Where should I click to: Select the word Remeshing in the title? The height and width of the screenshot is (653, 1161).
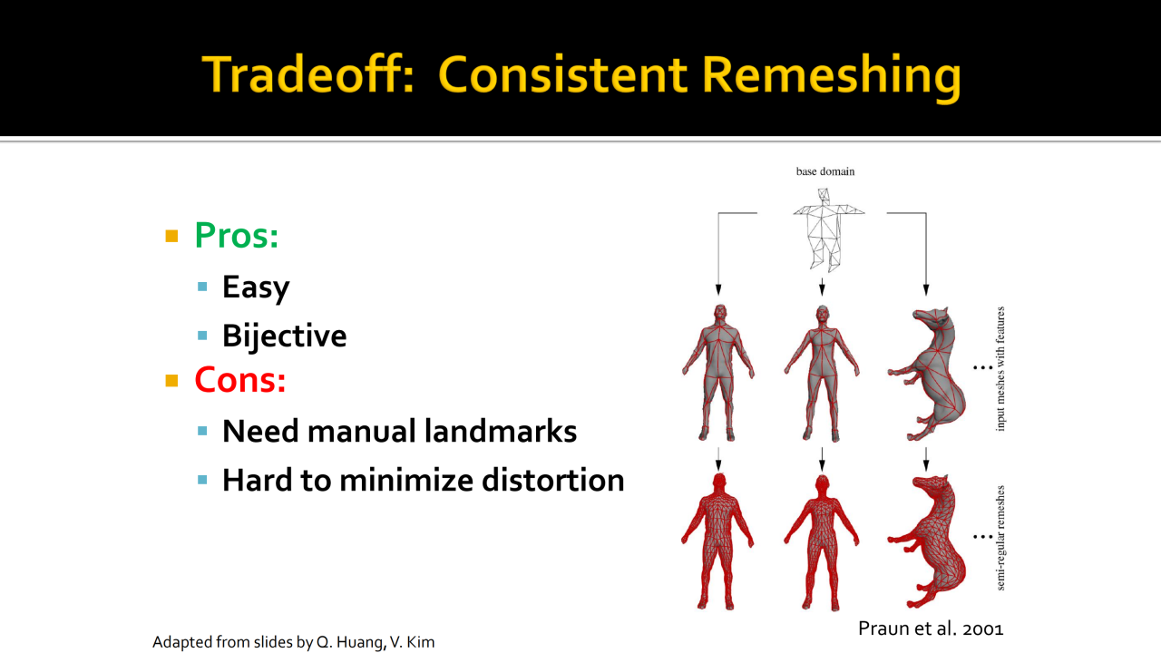coord(832,77)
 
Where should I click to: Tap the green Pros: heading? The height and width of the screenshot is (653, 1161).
coord(237,235)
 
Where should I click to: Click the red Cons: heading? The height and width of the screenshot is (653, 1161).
coord(240,379)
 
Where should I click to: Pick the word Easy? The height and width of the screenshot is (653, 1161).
coord(256,288)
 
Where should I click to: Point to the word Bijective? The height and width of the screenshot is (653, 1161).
coord(285,336)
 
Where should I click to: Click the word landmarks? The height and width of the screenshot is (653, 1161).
coord(500,431)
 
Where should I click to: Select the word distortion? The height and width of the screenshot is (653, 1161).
coord(553,480)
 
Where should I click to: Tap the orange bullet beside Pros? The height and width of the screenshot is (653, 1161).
coord(171,236)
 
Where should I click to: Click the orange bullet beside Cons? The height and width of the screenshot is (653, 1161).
coord(171,380)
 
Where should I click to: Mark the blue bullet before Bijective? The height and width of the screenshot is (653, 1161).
coord(202,336)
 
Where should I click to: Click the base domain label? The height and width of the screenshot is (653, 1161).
coord(825,171)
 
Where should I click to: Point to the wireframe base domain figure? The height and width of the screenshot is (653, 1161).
coord(828,230)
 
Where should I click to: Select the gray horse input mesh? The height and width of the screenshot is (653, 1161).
coord(927,373)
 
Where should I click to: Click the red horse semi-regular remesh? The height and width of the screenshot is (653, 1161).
coord(927,541)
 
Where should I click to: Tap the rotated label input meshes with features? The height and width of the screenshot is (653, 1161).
coord(1000,368)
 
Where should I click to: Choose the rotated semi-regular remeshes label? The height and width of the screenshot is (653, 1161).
coord(1000,538)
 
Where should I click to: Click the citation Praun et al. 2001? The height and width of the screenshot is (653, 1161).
coord(931,629)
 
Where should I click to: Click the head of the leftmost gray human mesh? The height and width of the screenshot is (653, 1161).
coord(719,314)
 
